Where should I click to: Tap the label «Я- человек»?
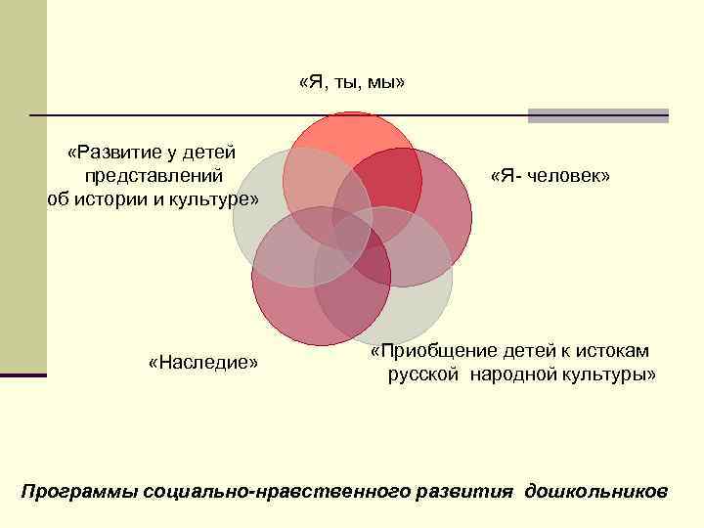coord(550,175)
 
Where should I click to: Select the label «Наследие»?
coord(203,363)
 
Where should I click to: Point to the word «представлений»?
coord(154,176)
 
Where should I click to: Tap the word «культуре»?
coord(213,199)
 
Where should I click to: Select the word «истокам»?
coord(612,350)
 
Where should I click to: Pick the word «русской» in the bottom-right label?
coord(422,374)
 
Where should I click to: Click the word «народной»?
coord(510,374)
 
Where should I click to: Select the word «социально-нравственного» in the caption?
coord(267,489)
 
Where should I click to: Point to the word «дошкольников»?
coord(596,489)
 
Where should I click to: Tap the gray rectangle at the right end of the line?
coord(597,115)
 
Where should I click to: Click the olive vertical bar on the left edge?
coord(22,186)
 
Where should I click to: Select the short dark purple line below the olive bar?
coord(23,374)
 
